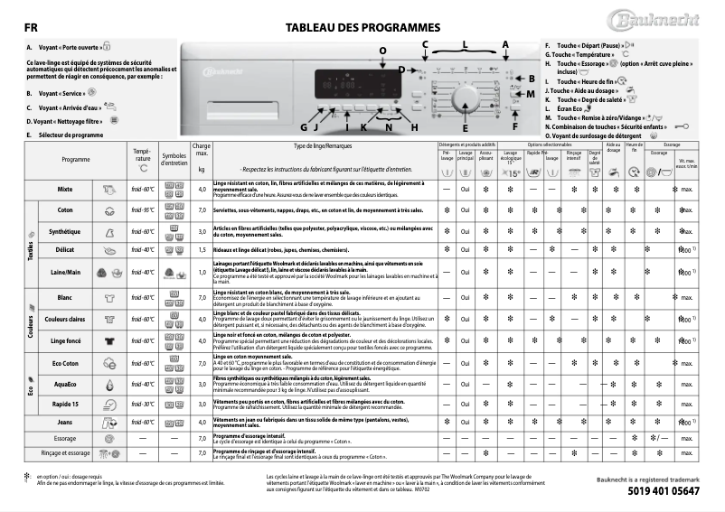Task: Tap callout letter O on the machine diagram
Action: [x=381, y=51]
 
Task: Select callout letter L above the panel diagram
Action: [x=466, y=43]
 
